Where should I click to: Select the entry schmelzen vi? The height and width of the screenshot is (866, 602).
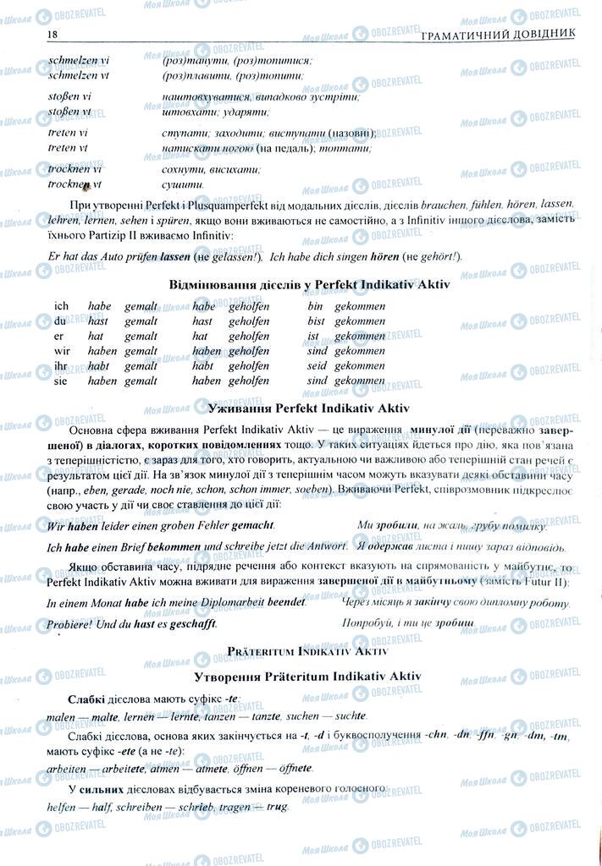pyautogui.click(x=72, y=60)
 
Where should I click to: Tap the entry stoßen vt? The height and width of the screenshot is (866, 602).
pyautogui.click(x=70, y=111)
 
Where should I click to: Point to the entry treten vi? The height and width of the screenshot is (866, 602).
pyautogui.click(x=68, y=133)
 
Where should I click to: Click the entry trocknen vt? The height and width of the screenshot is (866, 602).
pyautogui.click(x=75, y=184)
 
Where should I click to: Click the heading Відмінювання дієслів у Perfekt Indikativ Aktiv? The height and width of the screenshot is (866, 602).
pyautogui.click(x=310, y=285)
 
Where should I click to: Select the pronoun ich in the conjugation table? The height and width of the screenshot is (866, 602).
pyautogui.click(x=61, y=306)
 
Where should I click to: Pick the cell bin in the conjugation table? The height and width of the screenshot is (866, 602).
pyautogui.click(x=316, y=306)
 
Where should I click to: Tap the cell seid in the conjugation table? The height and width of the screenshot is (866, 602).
pyautogui.click(x=317, y=366)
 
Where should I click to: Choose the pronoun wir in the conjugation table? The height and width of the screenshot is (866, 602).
pyautogui.click(x=62, y=351)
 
